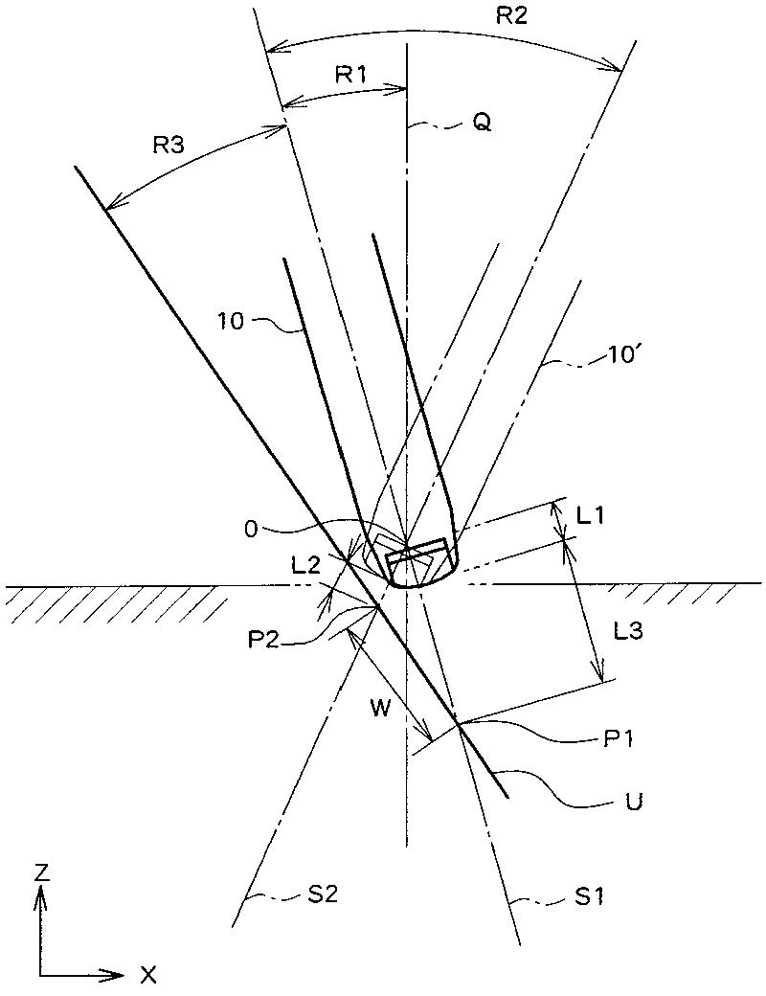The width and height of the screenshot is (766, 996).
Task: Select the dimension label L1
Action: pyautogui.click(x=591, y=514)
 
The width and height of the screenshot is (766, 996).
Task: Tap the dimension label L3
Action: pyautogui.click(x=635, y=630)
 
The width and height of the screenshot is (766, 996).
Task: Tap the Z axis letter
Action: pyautogui.click(x=40, y=871)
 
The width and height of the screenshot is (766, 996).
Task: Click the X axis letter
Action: pyautogui.click(x=148, y=975)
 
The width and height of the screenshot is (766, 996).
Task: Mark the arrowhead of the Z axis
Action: pyautogui.click(x=40, y=894)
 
